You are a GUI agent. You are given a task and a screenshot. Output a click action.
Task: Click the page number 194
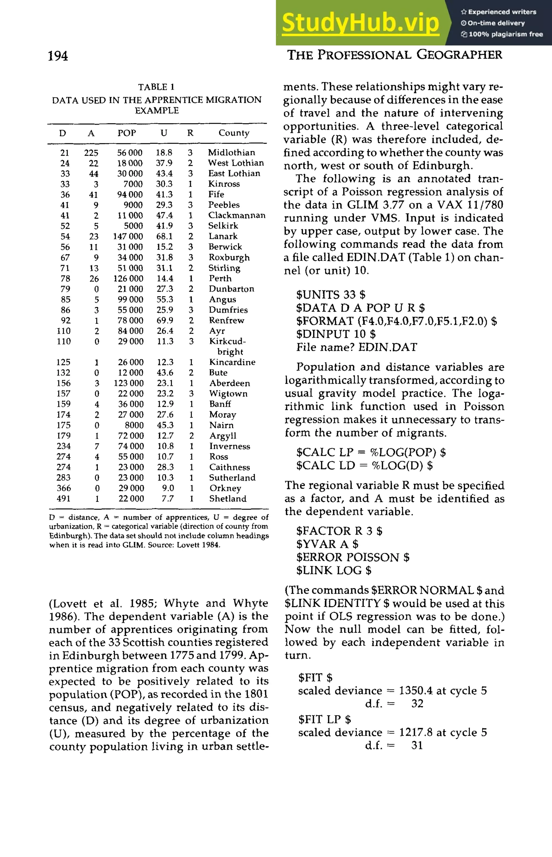point(58,56)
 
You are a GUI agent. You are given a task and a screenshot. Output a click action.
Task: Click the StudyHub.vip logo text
point(360,23)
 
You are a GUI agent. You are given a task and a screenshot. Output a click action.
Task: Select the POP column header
point(127,133)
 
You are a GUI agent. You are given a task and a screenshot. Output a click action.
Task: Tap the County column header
point(234,133)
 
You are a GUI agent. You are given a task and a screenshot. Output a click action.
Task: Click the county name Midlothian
point(232,152)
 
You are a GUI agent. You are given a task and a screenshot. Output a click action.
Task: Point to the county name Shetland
point(228,499)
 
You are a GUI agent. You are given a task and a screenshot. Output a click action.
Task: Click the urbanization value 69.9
point(165,320)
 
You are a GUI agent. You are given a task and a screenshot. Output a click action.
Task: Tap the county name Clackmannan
point(237,215)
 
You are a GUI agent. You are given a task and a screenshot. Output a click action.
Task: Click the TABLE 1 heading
point(156,87)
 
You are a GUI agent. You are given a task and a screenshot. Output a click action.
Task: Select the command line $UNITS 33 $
point(331,295)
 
